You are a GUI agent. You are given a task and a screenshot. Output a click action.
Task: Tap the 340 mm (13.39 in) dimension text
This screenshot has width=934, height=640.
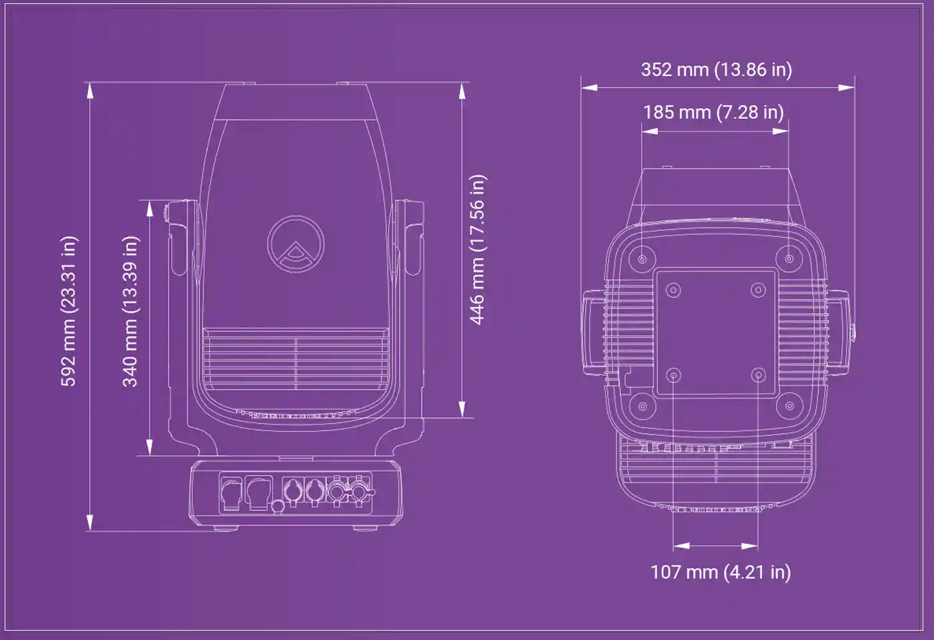pos(130,311)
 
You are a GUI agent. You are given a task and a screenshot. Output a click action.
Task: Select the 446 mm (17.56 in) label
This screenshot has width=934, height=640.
pos(478,250)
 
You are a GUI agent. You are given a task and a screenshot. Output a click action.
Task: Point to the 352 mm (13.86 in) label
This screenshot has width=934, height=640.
pos(717,69)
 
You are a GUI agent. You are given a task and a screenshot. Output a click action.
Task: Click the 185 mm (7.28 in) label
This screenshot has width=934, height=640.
pos(713,112)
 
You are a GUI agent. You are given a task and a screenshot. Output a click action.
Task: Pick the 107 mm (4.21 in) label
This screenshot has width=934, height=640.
pos(721,572)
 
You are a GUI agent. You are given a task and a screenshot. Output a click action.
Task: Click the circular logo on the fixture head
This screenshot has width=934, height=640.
pos(296,244)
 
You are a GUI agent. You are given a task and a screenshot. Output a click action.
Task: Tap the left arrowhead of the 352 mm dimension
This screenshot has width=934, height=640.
pos(589,87)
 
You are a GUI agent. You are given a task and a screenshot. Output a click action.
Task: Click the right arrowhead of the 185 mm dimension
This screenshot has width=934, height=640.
pos(781,131)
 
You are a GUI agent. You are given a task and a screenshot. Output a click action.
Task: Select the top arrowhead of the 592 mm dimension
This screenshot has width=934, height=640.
pos(90,91)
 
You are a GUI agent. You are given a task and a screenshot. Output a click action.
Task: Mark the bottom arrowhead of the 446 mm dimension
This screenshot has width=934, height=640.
pos(462,409)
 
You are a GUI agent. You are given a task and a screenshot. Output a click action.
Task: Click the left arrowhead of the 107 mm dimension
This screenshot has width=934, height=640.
pos(682,546)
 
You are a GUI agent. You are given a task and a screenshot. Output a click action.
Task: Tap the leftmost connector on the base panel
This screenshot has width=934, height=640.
pos(231,493)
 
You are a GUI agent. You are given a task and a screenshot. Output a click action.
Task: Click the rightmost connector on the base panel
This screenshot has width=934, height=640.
pos(359,491)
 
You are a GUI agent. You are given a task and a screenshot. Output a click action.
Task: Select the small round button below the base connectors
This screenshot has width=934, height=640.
pos(278,507)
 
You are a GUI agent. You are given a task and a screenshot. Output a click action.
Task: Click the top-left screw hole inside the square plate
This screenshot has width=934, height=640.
pos(673,290)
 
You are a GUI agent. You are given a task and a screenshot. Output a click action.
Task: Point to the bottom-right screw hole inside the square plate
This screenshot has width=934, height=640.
pos(758,375)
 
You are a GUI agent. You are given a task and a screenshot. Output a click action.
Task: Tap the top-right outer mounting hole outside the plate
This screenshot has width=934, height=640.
pos(789,259)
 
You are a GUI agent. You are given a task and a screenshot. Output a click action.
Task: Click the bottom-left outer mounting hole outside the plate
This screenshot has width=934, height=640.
pos(642,406)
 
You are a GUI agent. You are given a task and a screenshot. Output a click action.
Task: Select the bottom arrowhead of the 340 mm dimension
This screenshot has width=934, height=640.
pos(149,447)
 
